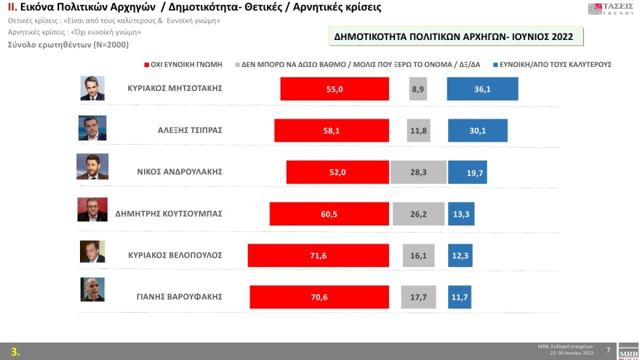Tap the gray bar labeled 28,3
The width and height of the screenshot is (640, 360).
coord(418,172)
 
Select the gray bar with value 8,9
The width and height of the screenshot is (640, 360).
coord(419,89)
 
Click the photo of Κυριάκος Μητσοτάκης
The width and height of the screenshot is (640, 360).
coord(92,88)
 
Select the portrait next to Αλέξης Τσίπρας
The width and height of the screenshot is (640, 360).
coord(92,129)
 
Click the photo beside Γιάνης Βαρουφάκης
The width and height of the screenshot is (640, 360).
coord(92,289)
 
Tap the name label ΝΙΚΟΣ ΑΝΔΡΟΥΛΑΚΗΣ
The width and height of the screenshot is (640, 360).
coord(179,172)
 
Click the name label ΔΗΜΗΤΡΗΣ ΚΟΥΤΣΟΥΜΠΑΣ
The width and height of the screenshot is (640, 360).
coord(168,214)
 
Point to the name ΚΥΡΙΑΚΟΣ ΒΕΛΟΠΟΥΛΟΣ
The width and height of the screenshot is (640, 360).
coord(175,255)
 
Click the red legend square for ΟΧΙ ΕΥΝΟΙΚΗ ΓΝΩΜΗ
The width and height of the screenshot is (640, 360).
coord(147,64)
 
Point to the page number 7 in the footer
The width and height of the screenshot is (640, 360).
coord(608,350)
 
